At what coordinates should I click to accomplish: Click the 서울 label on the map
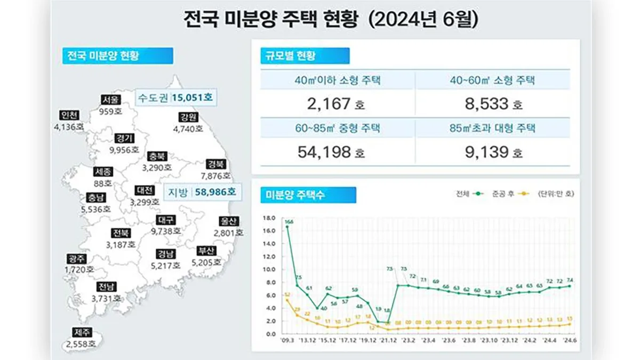click(x=111, y=100)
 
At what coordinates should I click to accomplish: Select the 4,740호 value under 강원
click(x=188, y=129)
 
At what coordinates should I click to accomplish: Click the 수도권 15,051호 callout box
click(x=175, y=98)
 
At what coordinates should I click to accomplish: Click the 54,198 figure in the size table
click(x=324, y=153)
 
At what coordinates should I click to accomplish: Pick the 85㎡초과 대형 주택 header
click(x=492, y=128)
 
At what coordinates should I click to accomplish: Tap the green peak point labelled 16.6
click(x=287, y=227)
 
